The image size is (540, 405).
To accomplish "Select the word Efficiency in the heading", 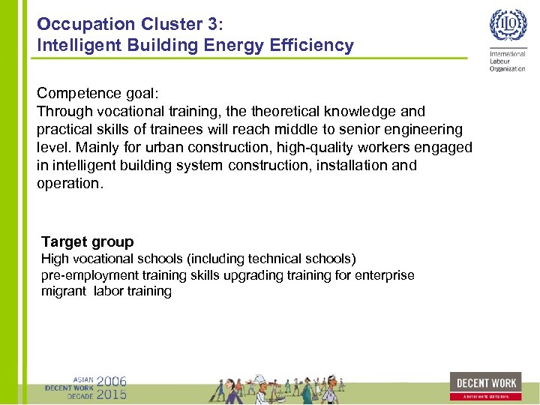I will point(314,46).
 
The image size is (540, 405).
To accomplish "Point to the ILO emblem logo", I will point(508,28).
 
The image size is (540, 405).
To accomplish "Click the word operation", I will point(68,183).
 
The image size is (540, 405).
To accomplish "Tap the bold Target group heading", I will point(88,241).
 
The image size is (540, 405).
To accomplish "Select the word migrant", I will point(64,291).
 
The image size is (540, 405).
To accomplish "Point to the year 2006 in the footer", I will point(111,380).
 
